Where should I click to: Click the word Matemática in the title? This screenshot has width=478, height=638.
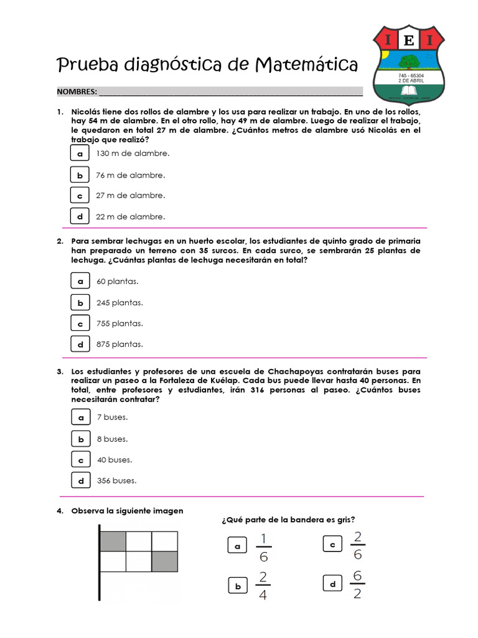point(307,64)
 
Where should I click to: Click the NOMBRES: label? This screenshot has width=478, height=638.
point(77,92)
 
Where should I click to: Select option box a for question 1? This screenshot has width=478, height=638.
point(80,153)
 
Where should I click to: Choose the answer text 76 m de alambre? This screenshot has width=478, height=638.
point(131,176)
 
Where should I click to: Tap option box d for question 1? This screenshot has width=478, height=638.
point(80,217)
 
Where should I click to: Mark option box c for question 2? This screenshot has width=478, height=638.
point(80,324)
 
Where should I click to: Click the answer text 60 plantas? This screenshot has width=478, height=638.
point(117,282)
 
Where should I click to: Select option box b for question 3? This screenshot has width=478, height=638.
point(80,439)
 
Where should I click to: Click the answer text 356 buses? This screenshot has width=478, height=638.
point(116,480)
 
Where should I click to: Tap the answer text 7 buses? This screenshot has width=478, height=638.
point(112,417)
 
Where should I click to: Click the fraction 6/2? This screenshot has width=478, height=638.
point(357,584)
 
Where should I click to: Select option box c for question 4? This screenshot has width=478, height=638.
point(332,545)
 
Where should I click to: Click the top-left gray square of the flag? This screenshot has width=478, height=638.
point(113,541)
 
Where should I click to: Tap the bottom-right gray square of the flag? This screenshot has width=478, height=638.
point(165,561)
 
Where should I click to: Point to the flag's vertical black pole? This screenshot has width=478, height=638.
point(99,573)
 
